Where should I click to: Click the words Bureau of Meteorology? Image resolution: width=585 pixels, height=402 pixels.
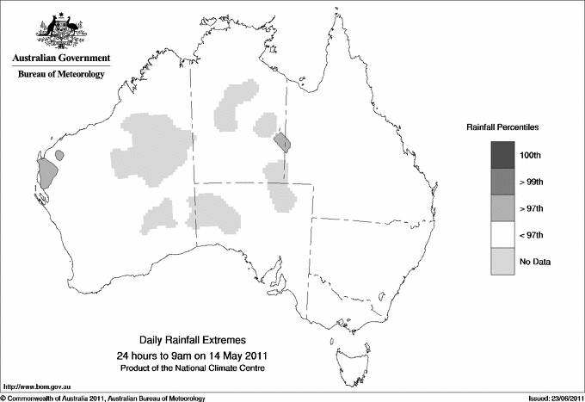tap(61, 75)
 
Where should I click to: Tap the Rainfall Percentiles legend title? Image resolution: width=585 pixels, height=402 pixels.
tap(502, 127)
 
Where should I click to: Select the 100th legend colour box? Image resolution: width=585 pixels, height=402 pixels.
tap(503, 154)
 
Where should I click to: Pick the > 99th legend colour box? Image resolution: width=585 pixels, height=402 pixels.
tap(503, 181)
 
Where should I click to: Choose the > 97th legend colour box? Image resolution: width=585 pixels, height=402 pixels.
tap(503, 207)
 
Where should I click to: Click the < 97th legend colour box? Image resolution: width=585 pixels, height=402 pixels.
tap(503, 234)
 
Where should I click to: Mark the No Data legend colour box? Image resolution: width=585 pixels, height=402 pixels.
tap(503, 261)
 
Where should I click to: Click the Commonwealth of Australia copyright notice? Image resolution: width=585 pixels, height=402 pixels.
tap(103, 397)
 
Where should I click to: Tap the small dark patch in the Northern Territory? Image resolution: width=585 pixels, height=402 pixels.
tap(281, 140)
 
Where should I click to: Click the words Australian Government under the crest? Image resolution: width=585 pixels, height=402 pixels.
tap(61, 58)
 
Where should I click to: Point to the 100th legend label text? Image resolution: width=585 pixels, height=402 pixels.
tap(530, 155)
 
